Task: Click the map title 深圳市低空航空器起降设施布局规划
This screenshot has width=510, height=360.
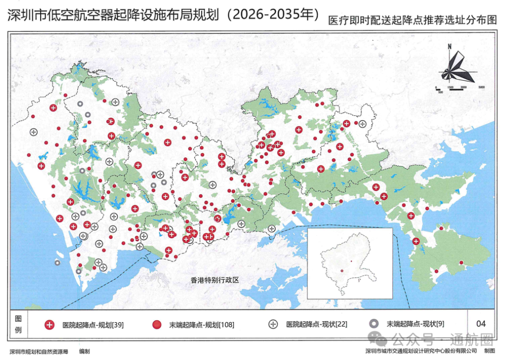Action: click(113, 15)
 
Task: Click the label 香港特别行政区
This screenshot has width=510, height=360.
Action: click(215, 280)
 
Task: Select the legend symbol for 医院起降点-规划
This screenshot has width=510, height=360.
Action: click(49, 325)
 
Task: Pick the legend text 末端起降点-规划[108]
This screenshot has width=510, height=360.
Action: click(201, 325)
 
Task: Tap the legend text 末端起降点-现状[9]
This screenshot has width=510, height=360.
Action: click(415, 324)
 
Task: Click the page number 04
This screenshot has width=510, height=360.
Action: click(481, 324)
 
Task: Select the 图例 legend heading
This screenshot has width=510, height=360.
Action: click(18, 324)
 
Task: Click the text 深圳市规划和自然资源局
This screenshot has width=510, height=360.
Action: click(39, 351)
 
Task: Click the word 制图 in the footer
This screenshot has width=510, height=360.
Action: click(490, 351)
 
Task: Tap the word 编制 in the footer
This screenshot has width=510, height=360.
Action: click(85, 351)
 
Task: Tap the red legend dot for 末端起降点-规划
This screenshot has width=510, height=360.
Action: click(157, 325)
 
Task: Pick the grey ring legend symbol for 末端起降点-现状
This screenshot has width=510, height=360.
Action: click(374, 324)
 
